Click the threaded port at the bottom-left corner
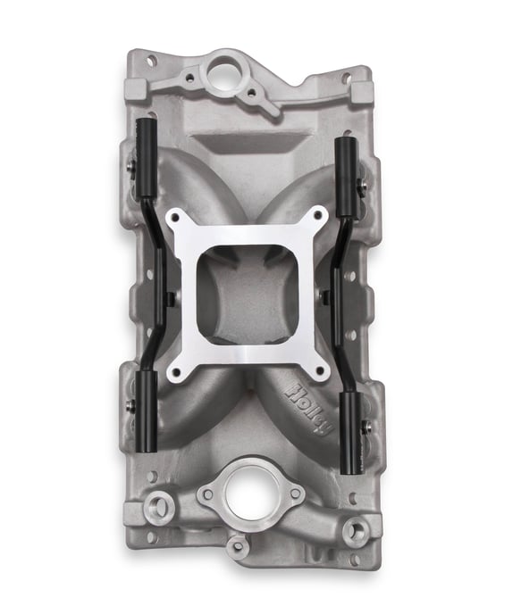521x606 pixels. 160,509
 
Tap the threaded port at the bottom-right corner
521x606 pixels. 356,530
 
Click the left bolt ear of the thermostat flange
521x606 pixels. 207,494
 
